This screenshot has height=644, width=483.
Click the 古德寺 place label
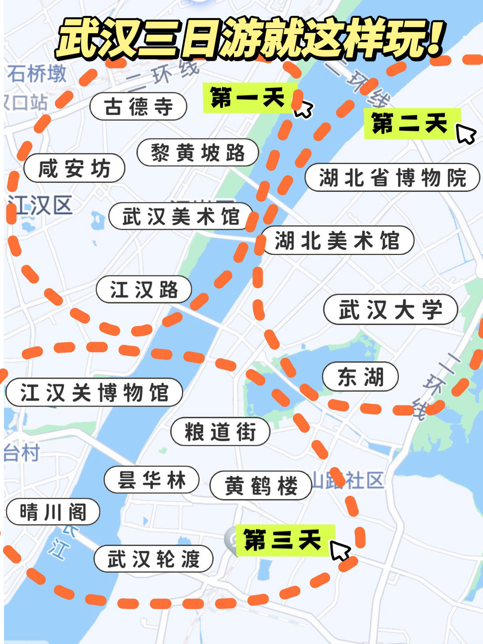pyautogui.click(x=138, y=106)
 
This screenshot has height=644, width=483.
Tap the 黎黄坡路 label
pyautogui.click(x=198, y=152)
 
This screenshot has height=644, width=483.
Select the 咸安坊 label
pyautogui.click(x=74, y=168)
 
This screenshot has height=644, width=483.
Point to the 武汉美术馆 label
pyautogui.click(x=180, y=216)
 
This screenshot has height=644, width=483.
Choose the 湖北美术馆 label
pyautogui.click(x=337, y=240)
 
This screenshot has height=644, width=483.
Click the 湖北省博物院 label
pyautogui.click(x=392, y=177)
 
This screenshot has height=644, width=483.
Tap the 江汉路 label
pyautogui.click(x=144, y=289)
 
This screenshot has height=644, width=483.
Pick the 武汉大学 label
pyautogui.click(x=390, y=309)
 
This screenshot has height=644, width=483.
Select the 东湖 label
pyautogui.click(x=360, y=376)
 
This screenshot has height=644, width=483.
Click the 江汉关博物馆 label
pyautogui.click(x=94, y=392)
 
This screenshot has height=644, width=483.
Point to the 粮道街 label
pyautogui.click(x=220, y=431)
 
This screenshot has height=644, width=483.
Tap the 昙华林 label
pyautogui.click(x=151, y=480)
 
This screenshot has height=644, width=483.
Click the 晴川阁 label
pyautogui.click(x=53, y=512)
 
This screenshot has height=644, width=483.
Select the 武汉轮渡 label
pyautogui.click(x=153, y=558)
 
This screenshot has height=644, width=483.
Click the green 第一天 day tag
pyautogui.click(x=250, y=98)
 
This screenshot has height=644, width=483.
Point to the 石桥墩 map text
pyautogui.click(x=37, y=74)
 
